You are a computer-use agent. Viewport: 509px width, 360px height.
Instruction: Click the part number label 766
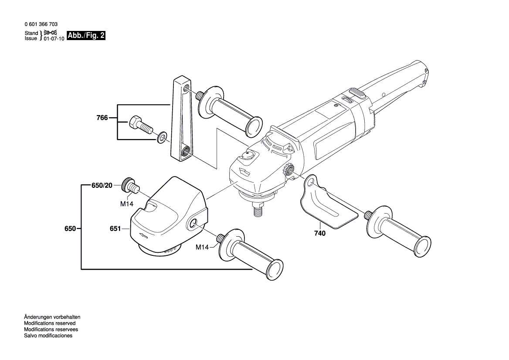(102, 118)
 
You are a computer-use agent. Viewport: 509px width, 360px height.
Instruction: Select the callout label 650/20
(102, 185)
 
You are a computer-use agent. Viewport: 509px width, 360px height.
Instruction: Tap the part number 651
(115, 228)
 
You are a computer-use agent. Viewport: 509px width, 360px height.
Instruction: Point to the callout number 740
(319, 233)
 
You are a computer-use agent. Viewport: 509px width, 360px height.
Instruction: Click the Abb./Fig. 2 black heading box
(86, 36)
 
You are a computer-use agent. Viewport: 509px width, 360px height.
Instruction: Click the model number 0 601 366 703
(41, 25)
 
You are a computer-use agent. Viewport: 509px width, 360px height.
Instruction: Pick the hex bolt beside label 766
(139, 125)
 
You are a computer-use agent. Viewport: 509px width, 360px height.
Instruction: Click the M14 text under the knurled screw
(126, 203)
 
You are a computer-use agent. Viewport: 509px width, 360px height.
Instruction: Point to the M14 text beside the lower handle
(202, 247)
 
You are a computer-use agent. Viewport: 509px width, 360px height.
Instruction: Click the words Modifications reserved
(50, 323)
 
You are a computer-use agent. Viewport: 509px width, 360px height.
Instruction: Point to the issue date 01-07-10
(54, 39)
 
